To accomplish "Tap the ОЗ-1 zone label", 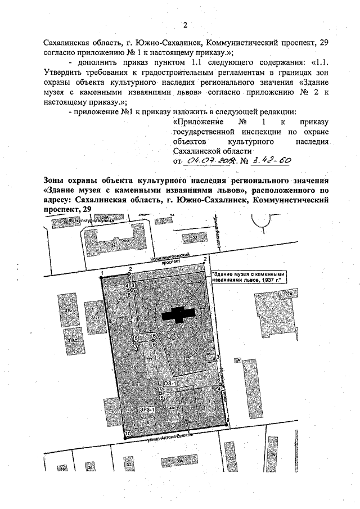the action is (x=170, y=383).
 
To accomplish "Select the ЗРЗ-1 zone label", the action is (x=147, y=410).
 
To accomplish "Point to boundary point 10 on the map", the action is (x=128, y=434).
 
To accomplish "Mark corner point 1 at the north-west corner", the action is (x=102, y=274).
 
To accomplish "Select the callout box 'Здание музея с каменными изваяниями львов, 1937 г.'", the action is (x=246, y=277).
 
